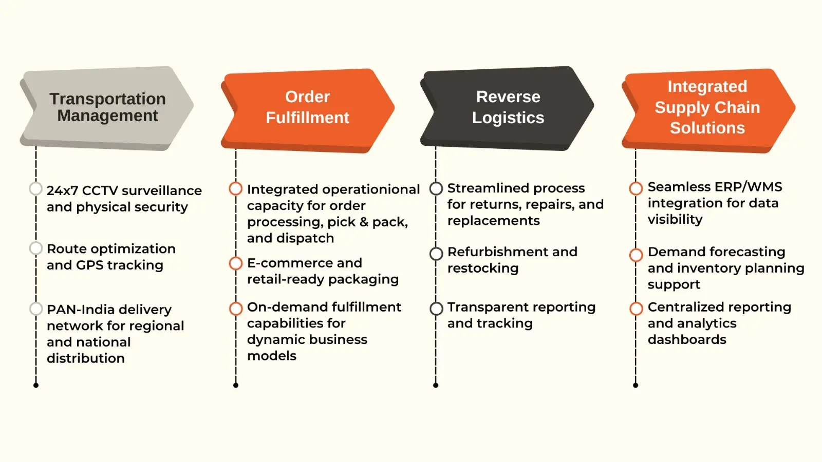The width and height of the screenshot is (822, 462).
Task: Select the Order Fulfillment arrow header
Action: coord(307,107)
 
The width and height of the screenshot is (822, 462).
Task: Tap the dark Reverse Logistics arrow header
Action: coord(508,107)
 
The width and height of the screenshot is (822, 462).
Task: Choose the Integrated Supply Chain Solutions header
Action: coord(707,107)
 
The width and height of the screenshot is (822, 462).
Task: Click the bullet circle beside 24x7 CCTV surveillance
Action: coord(36,189)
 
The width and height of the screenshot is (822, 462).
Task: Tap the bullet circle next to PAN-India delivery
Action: coord(36,309)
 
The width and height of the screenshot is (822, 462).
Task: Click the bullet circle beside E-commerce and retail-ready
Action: coord(236,263)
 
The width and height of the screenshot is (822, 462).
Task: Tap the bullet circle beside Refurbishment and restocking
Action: coord(436,254)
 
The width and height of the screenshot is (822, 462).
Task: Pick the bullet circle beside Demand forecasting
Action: coord(636,255)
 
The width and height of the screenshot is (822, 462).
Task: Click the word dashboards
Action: coord(686,339)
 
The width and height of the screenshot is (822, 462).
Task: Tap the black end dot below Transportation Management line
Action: coord(36,385)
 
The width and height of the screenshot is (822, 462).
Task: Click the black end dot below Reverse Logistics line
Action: coord(436,385)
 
